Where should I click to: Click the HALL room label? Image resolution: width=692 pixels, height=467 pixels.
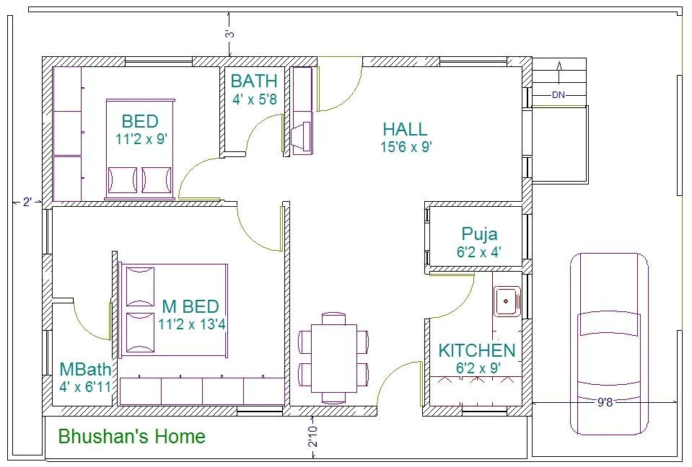click(405, 130)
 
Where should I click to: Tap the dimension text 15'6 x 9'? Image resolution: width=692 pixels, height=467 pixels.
click(406, 147)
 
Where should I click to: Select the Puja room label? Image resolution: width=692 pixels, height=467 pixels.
click(479, 234)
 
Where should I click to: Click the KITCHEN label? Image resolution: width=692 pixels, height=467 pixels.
click(477, 351)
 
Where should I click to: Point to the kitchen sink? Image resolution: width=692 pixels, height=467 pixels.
click(507, 300)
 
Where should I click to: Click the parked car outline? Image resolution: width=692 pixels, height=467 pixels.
click(608, 344)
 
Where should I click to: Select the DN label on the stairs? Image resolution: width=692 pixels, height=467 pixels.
click(559, 95)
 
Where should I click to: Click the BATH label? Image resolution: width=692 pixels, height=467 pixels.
click(254, 81)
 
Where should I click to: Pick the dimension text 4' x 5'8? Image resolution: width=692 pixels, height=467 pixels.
click(254, 99)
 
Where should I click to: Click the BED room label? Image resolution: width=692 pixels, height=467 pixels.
click(139, 121)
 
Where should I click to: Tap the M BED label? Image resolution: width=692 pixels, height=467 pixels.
click(190, 307)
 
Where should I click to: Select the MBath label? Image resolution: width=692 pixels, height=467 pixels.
click(85, 370)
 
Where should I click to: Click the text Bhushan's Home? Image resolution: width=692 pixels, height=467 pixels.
click(131, 437)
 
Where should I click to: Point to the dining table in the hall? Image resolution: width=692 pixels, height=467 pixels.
click(333, 357)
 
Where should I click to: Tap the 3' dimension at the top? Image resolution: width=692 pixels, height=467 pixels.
click(229, 33)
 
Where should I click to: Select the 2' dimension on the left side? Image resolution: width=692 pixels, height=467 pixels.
click(27, 203)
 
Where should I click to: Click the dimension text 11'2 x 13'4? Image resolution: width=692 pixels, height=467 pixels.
click(192, 324)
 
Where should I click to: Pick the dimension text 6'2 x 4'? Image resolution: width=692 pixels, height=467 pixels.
click(479, 252)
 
